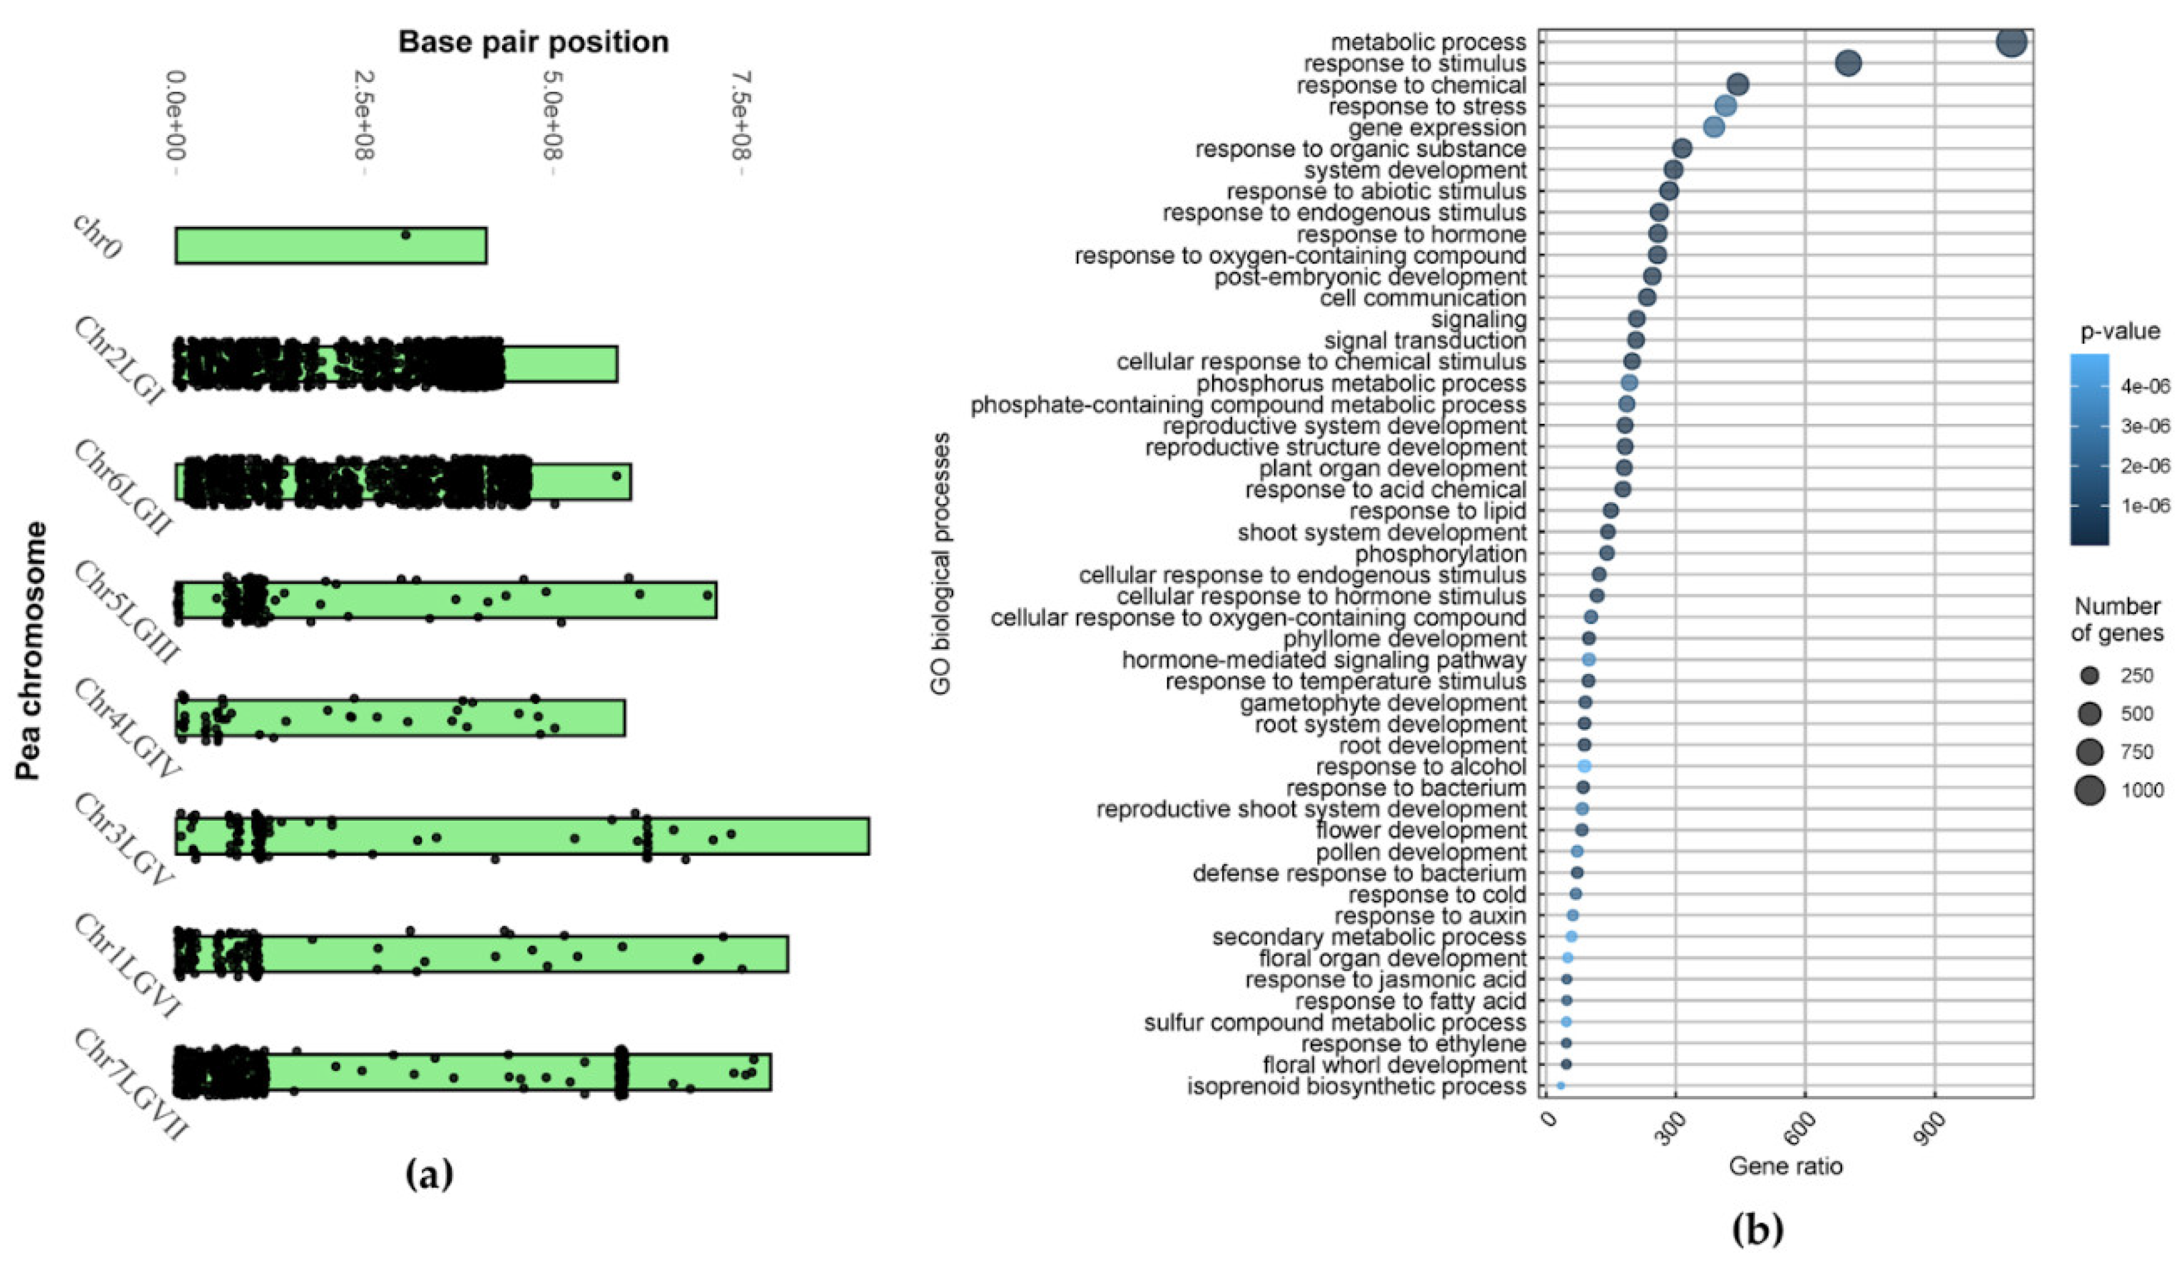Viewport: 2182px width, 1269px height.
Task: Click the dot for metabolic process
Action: click(2011, 42)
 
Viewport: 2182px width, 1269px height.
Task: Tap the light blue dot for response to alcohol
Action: click(1584, 766)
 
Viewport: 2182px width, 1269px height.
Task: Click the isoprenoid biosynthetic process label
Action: click(1356, 1086)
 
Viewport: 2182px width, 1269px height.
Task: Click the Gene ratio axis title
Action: click(1786, 1167)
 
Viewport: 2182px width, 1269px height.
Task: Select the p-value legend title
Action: click(2120, 331)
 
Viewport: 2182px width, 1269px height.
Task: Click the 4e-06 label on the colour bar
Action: click(2145, 386)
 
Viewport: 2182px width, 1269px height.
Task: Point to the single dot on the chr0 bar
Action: click(405, 235)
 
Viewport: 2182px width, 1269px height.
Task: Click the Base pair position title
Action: click(533, 42)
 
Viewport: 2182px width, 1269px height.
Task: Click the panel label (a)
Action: click(429, 1175)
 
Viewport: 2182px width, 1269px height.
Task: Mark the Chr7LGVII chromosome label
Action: click(130, 1084)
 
